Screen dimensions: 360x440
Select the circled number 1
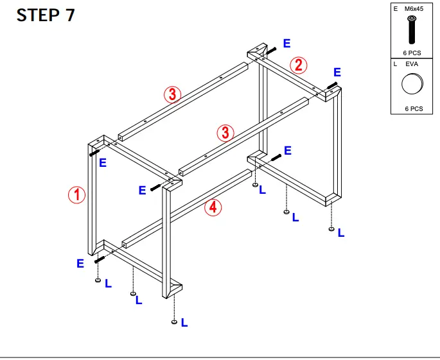click(x=77, y=194)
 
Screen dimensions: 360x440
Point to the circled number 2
click(x=298, y=65)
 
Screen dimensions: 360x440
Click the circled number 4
click(x=213, y=207)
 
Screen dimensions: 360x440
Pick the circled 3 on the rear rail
click(x=172, y=94)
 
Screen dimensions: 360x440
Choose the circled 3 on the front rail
click(x=224, y=133)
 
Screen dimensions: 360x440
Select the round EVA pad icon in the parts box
click(x=412, y=84)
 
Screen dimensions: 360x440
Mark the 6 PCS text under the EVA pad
click(x=413, y=108)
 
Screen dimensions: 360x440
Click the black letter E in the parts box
click(x=396, y=9)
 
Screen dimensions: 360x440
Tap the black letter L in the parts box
click(x=396, y=64)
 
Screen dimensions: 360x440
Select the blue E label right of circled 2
click(x=337, y=73)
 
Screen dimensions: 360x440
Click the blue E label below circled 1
click(x=80, y=263)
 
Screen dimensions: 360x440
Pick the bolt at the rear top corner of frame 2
click(x=270, y=49)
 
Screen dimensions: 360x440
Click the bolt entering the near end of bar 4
click(x=100, y=259)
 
